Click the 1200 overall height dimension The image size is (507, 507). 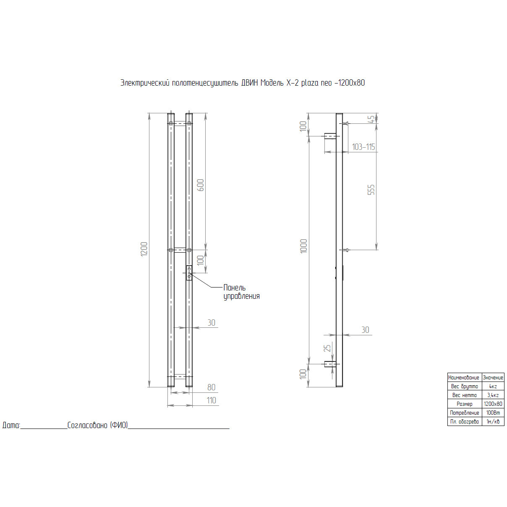tap(144, 249)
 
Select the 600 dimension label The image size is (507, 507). tap(201, 186)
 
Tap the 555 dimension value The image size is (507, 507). tap(371, 190)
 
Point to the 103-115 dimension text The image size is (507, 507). tap(363, 147)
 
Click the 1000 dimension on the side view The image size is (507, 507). tap(304, 246)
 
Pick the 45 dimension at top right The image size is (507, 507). tap(371, 119)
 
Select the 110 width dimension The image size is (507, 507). tap(212, 400)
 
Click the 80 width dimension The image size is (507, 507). tap(212, 387)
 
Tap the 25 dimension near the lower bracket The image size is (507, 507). tap(327, 348)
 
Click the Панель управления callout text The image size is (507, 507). tap(241, 292)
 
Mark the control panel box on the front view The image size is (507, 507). tap(189, 273)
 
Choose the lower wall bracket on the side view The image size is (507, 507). tap(331, 364)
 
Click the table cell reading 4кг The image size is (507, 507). tap(493, 386)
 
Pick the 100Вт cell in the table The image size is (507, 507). tap(493, 413)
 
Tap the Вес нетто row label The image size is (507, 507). tap(465, 395)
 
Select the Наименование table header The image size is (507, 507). tap(464, 377)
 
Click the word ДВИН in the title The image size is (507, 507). tap(250, 83)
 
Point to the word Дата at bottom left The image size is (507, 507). tap(11, 425)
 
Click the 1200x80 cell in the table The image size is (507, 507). tap(493, 404)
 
